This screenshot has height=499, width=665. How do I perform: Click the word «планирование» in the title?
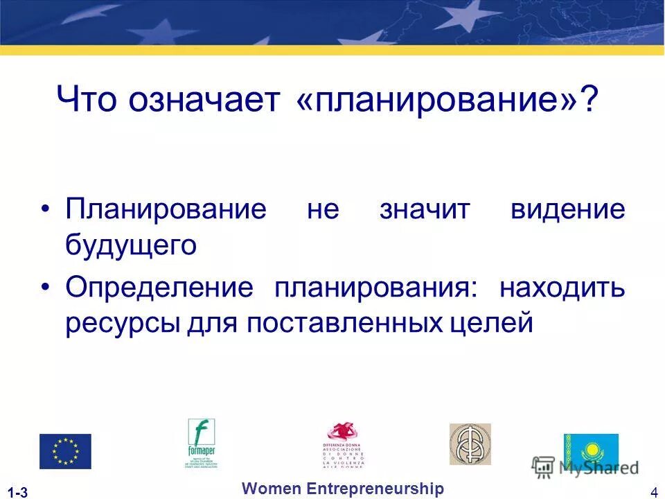[445, 100]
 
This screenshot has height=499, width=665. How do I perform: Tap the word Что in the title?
[87, 100]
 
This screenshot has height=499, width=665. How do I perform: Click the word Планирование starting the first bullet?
[166, 210]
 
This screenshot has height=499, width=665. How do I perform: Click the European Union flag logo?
[65, 451]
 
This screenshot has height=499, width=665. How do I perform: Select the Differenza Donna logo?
[344, 444]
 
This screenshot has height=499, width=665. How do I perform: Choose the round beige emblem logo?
[470, 444]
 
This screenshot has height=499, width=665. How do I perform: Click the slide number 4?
[654, 493]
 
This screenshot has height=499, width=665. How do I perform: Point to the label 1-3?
[19, 493]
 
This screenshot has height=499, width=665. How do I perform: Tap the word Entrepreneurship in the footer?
[374, 489]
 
